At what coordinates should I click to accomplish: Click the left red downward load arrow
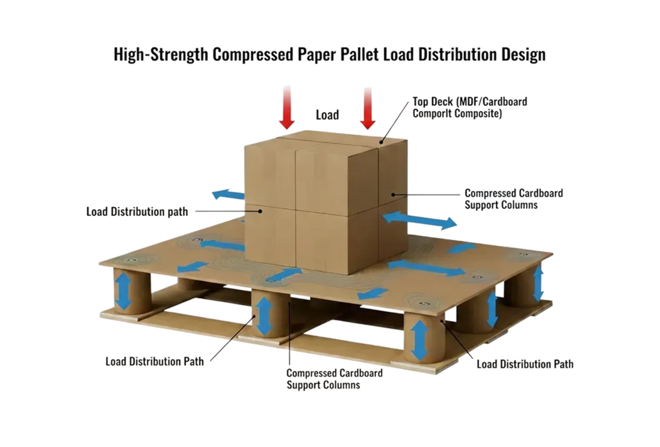tap(286, 108)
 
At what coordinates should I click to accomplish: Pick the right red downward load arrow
tap(367, 108)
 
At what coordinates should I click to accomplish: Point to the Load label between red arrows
tap(327, 114)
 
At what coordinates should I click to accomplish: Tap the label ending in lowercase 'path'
tap(137, 211)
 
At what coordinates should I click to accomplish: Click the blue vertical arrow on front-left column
tap(123, 291)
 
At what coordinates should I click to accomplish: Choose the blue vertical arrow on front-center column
tap(264, 316)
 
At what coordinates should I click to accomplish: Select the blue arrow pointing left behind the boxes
tap(228, 195)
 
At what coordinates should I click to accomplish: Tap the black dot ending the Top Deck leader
tap(381, 142)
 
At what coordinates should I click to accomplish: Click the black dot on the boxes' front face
tap(261, 211)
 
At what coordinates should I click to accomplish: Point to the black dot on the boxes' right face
tap(393, 194)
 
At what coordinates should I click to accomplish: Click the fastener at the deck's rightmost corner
tap(522, 254)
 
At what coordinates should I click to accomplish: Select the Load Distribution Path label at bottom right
tap(525, 364)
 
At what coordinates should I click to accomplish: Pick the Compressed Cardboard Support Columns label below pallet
tap(334, 378)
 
